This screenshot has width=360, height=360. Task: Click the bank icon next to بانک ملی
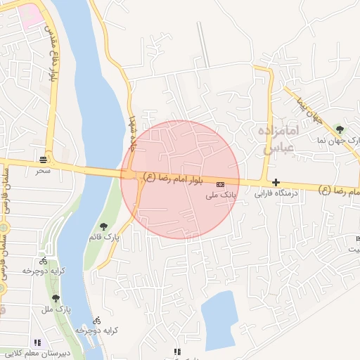231,184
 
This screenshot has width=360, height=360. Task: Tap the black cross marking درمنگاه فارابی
276,182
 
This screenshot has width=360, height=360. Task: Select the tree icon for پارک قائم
103,226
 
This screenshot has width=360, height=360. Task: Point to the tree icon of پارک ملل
56,299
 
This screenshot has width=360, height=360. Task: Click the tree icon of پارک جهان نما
340,129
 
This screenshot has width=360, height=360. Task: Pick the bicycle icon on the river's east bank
97,320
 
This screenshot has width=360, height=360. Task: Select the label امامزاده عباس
278,139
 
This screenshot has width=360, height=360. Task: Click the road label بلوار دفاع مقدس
52,53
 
